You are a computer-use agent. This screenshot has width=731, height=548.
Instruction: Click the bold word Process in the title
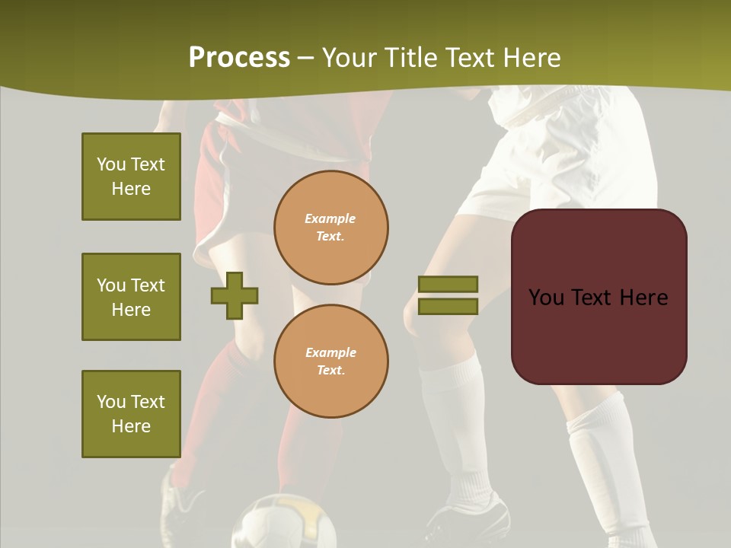239,58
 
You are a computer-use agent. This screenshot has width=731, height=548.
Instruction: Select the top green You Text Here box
131,177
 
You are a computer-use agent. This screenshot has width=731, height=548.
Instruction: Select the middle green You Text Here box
131,297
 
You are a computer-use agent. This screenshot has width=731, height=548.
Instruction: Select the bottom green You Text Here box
131,414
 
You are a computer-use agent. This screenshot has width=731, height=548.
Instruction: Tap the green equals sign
448,295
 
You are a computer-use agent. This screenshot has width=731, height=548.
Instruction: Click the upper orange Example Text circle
331,228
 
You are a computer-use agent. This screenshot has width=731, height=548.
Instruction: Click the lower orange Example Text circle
331,361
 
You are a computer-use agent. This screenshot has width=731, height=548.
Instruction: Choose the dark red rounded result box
599,296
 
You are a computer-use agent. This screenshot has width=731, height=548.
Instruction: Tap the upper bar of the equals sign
448,285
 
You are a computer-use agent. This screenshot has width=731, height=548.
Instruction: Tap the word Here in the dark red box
643,298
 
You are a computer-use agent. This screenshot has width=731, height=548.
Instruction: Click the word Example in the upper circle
330,218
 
